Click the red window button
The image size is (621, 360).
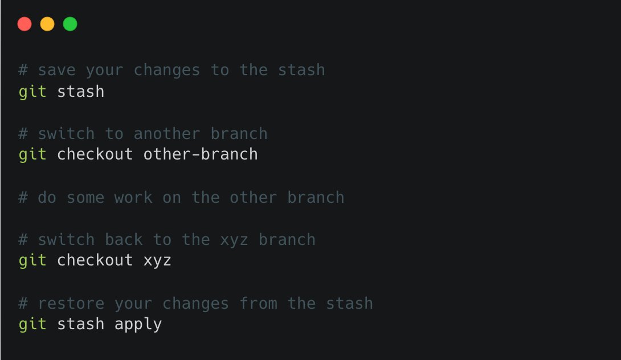24,24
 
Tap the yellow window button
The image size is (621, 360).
47,24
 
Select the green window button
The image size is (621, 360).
70,24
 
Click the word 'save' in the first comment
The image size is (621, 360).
57,70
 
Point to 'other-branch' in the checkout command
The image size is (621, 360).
201,154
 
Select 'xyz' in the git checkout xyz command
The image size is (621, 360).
157,261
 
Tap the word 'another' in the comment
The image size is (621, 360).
167,134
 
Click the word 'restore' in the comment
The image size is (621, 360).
71,304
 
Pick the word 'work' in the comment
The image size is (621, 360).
133,198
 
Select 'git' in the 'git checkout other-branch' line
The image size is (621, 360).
32,154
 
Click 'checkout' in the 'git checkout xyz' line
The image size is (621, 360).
95,261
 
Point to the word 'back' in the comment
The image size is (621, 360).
124,240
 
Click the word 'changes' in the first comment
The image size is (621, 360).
167,70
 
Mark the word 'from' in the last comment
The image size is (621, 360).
258,304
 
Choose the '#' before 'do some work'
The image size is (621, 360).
23,198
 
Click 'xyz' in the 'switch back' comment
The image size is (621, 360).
234,240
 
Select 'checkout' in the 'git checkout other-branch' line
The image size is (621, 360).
95,154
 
